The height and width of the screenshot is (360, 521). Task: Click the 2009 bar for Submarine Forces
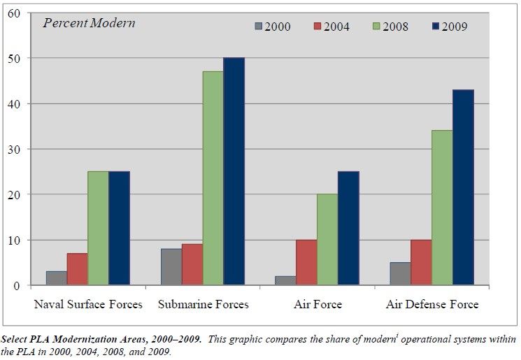[234, 171]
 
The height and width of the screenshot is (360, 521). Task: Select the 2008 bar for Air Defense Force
[442, 208]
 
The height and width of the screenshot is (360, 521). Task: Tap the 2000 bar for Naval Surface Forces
[57, 278]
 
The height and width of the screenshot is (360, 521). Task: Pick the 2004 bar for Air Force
[306, 262]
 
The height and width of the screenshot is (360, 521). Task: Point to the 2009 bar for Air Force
[348, 228]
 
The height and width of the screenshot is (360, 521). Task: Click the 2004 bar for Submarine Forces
[192, 264]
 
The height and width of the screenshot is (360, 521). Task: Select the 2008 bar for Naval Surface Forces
[98, 228]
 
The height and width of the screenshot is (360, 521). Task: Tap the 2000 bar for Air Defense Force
[400, 273]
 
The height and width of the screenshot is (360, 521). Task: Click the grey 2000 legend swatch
[258, 27]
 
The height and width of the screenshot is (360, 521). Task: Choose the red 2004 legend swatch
[317, 27]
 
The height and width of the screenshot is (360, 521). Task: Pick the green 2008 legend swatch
[376, 27]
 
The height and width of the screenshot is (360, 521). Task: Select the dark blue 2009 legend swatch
[435, 27]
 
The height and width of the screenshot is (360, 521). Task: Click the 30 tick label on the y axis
[15, 149]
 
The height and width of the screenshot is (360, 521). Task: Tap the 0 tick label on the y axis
[17, 286]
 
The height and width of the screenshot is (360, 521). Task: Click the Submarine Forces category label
[203, 304]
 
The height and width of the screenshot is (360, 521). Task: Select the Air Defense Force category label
[432, 304]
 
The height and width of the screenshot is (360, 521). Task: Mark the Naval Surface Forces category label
[88, 304]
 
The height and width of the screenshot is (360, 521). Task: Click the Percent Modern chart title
[89, 22]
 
